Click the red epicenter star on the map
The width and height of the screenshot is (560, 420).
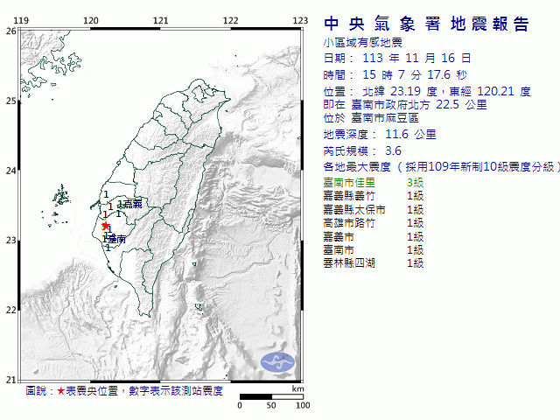(106, 226)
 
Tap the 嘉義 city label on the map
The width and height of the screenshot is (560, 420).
(133, 204)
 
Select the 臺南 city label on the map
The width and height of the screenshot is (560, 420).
(118, 238)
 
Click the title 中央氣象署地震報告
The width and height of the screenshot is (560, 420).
(427, 24)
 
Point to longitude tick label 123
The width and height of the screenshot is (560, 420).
(300, 20)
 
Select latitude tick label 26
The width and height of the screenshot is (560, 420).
(10, 31)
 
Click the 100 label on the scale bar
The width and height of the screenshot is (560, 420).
(303, 405)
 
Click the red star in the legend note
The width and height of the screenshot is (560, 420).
(60, 391)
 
